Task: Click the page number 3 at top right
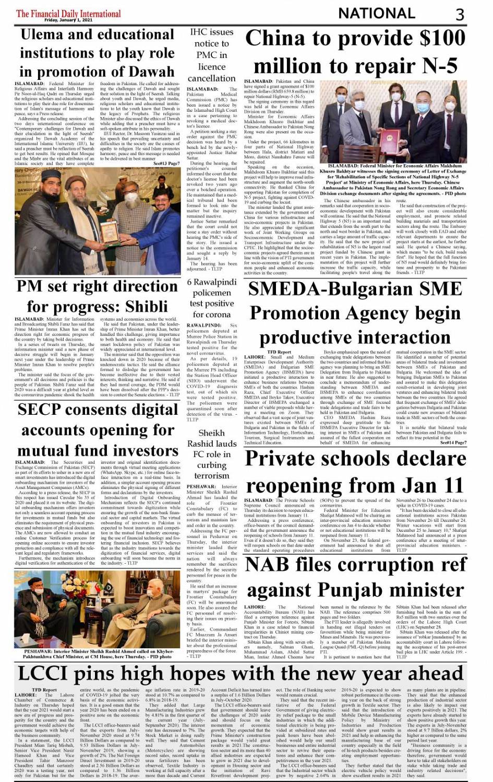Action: coord(460,14)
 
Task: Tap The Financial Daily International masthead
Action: coord(68,14)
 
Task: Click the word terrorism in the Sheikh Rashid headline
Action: coord(212,475)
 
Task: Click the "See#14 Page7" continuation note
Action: coord(453,442)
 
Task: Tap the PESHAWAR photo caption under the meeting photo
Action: coord(98,653)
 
